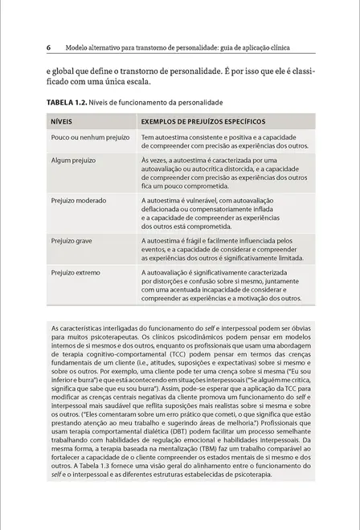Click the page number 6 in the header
pyautogui.click(x=48, y=47)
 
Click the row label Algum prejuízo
pyautogui.click(x=70, y=161)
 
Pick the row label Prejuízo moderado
pyautogui.click(x=79, y=200)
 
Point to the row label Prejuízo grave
pyautogui.click(x=72, y=239)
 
